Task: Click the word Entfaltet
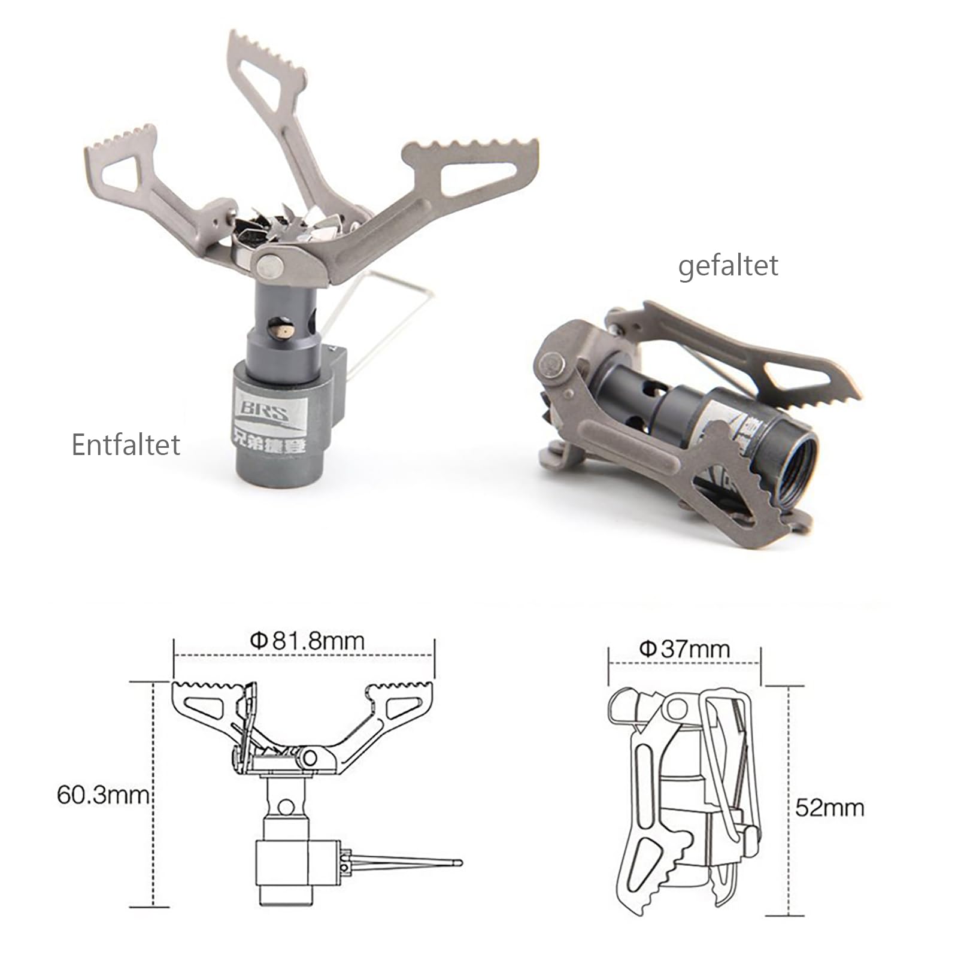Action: click(x=126, y=445)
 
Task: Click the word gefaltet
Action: click(x=727, y=266)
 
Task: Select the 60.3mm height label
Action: click(x=102, y=795)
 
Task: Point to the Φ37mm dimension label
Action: click(x=684, y=649)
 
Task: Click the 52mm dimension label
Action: click(x=830, y=808)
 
